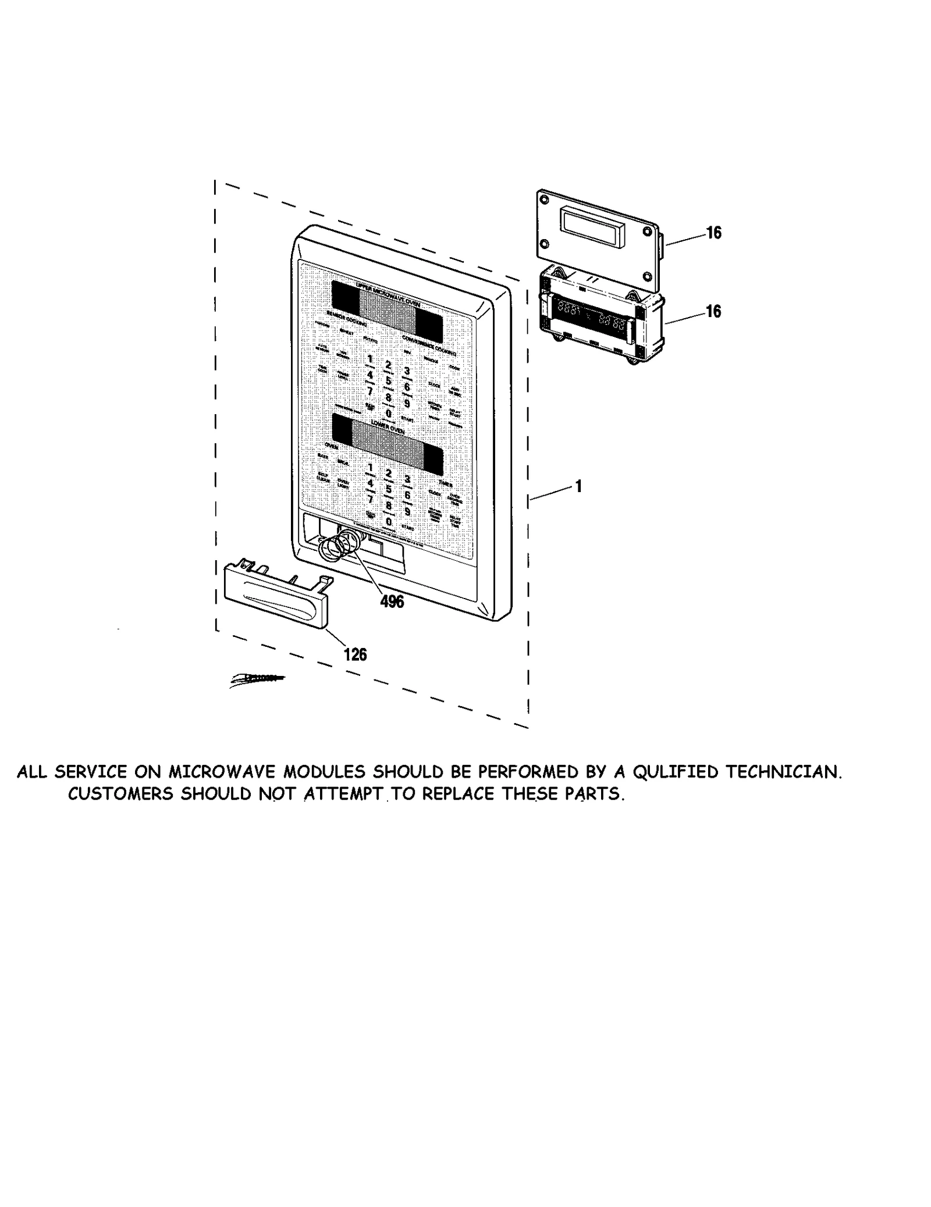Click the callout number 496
coord(392,601)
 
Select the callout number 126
coord(355,654)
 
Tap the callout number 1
coord(578,486)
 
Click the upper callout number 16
coord(713,233)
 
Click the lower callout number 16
coord(713,312)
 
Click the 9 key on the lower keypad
coord(407,511)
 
